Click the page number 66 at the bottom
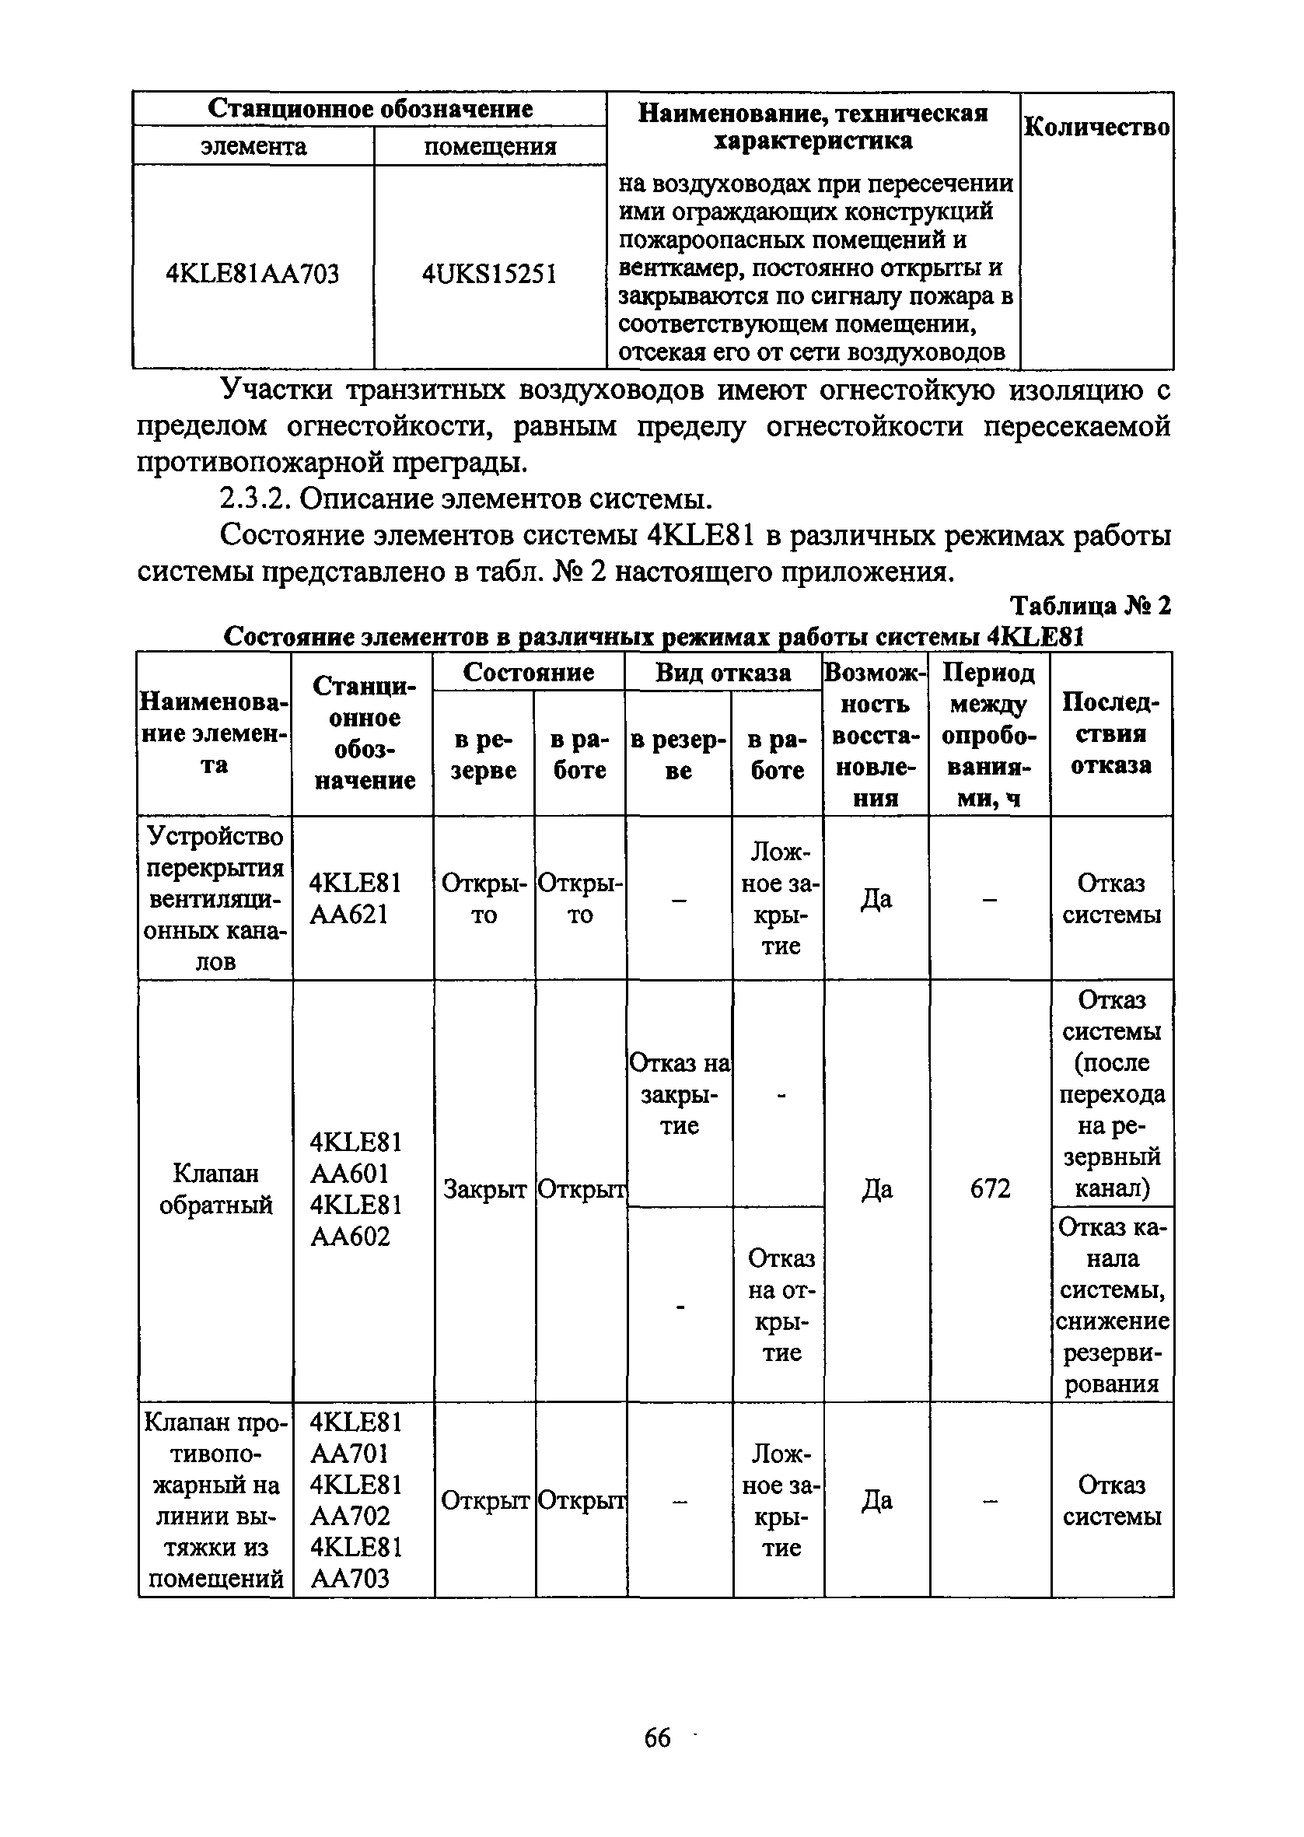click(657, 1738)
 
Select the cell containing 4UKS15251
click(489, 275)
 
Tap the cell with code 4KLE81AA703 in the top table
click(252, 275)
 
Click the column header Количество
click(1096, 128)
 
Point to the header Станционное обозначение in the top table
click(369, 109)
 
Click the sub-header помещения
click(489, 147)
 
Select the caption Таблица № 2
click(1089, 604)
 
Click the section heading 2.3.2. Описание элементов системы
click(466, 499)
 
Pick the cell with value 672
click(989, 1189)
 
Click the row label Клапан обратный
click(215, 1189)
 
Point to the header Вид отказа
click(722, 672)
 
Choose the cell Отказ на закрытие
click(680, 1093)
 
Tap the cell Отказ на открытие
click(781, 1305)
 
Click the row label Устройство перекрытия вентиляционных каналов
click(215, 898)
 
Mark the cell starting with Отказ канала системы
click(1111, 1305)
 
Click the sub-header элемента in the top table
click(253, 147)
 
